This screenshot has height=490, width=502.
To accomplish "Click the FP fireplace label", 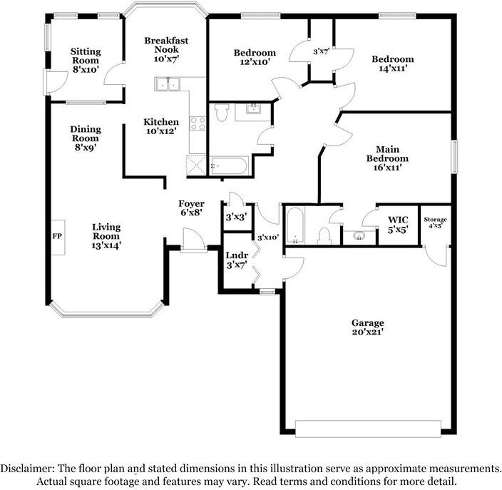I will point(56,235).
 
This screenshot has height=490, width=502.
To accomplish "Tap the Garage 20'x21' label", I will point(368,327).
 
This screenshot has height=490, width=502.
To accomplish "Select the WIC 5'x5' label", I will point(398,225).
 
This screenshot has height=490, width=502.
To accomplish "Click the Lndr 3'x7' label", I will point(237,260).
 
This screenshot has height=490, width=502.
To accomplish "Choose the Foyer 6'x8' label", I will point(191,208).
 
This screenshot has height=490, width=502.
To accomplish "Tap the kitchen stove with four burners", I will point(198,123).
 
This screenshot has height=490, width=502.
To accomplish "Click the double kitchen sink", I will point(168,84).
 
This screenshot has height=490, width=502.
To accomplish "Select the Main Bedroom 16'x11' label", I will point(387,158).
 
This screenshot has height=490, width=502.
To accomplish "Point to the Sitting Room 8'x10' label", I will point(86,56).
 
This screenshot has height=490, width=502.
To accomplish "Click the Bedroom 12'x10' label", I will point(255,58).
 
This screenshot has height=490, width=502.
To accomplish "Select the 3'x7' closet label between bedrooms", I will point(321,52).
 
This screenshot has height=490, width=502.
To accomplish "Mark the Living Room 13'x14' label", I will point(106,236).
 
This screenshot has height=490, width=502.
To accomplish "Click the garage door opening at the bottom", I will point(367,429).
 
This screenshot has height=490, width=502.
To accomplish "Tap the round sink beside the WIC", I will point(359,235).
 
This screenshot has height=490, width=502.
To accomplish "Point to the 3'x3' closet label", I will point(235,217).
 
